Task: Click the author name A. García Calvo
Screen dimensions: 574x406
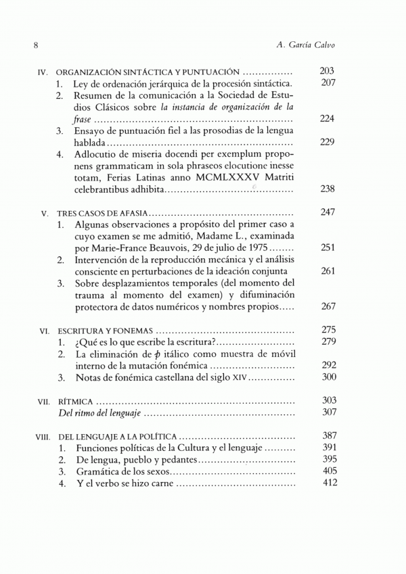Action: [x=307, y=45]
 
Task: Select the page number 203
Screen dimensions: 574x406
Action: [x=327, y=71]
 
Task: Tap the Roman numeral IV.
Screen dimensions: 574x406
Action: [x=42, y=72]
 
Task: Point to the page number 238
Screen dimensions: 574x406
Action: [x=327, y=189]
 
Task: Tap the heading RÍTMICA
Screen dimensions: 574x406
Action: [x=75, y=402]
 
